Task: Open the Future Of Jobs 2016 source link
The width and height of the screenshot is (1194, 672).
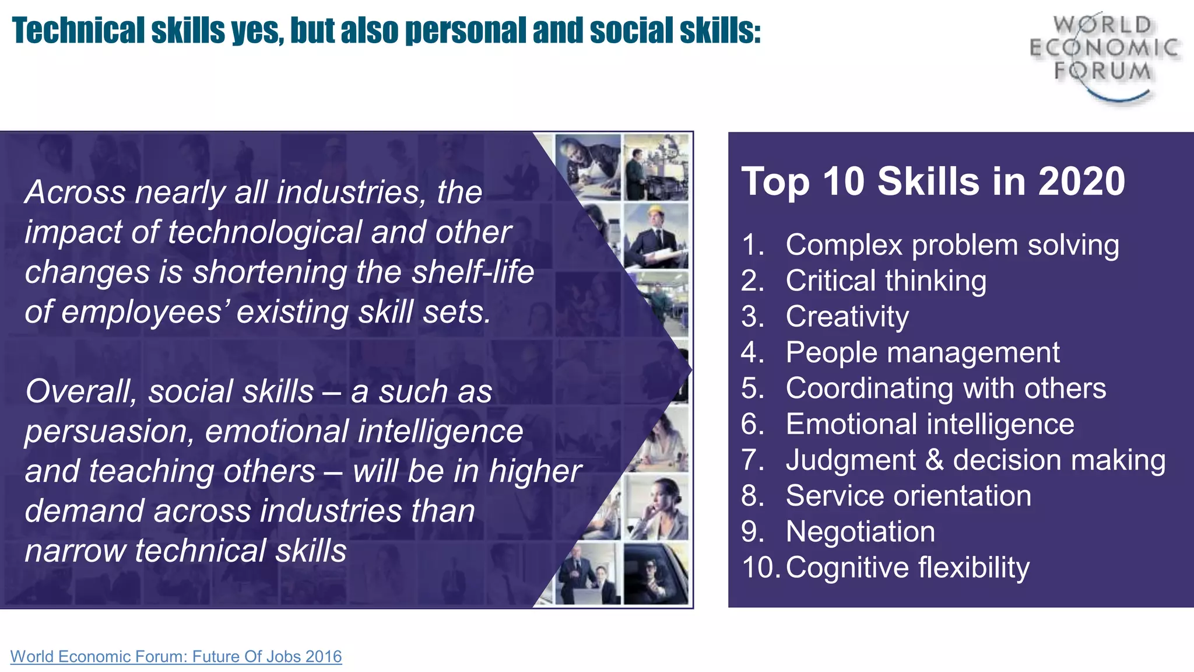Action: click(x=176, y=656)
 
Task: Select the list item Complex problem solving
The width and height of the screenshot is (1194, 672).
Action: click(x=951, y=245)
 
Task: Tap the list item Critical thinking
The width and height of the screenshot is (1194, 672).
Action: click(x=886, y=281)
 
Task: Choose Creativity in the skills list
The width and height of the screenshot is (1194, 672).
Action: click(x=847, y=317)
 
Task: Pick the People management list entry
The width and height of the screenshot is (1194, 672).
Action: click(x=922, y=353)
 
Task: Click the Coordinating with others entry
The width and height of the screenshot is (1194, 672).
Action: click(x=945, y=388)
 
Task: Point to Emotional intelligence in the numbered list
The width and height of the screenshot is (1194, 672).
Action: click(x=929, y=424)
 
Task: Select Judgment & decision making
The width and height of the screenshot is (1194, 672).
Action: click(x=975, y=460)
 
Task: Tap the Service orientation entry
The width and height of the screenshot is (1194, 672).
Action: click(x=908, y=496)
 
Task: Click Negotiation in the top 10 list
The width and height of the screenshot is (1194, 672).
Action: click(x=860, y=532)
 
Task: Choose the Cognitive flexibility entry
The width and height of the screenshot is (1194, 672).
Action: click(x=907, y=568)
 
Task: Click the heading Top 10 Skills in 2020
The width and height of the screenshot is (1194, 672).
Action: click(x=933, y=181)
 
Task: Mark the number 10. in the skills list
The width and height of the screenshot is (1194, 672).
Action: click(x=760, y=568)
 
